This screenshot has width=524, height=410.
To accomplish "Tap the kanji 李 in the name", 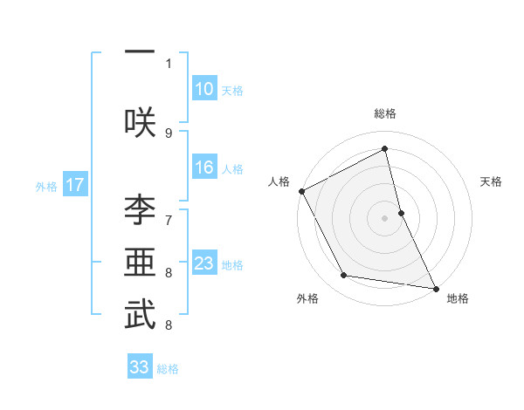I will tap(140, 210).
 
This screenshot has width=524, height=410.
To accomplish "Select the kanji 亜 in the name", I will tap(140, 263).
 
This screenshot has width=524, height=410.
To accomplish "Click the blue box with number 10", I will tap(203, 89).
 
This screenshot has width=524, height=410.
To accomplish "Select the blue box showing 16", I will tap(203, 168).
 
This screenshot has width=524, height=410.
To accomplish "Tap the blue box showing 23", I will tap(203, 263).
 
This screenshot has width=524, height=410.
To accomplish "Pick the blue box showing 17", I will tap(75, 185).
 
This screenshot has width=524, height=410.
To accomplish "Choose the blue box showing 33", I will tap(139, 367).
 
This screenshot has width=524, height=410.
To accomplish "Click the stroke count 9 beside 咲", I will tap(169, 133).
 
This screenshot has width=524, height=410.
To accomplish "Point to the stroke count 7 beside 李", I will tap(169, 219).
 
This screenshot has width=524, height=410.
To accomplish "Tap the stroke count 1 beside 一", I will tap(169, 63).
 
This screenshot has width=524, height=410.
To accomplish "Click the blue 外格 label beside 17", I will tap(46, 186).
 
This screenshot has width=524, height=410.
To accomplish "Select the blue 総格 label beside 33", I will tap(168, 369).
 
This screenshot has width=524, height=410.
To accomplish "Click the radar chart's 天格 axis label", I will tap(492, 181).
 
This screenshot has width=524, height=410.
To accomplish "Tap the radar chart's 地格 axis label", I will tap(458, 298).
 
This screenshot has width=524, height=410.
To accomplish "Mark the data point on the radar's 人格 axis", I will tap(301, 190).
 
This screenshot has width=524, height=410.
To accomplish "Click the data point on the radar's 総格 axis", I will tap(385, 148).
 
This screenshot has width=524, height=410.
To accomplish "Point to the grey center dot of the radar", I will tap(385, 217).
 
